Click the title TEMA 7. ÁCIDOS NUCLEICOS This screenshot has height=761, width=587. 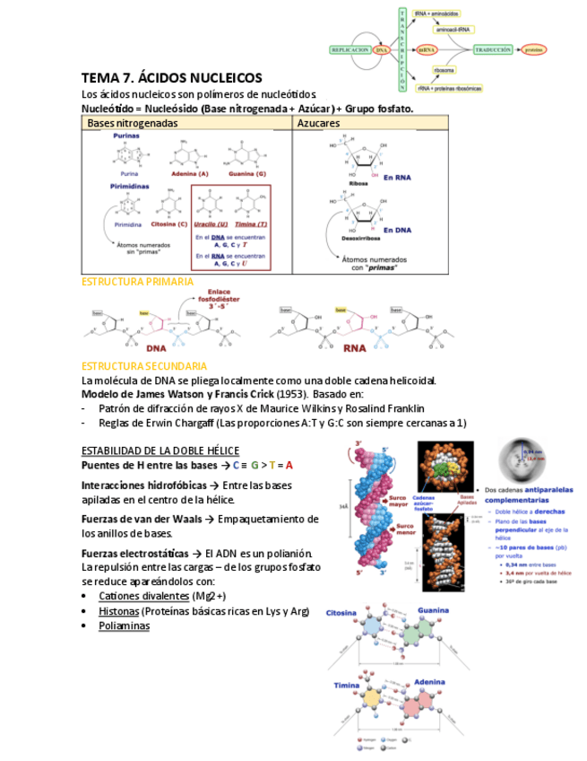(x=171, y=79)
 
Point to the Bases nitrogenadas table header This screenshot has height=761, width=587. (x=133, y=122)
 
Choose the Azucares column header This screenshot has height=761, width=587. (x=319, y=122)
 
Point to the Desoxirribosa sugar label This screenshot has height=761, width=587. (x=361, y=240)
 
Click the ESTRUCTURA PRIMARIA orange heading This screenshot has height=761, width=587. (x=137, y=282)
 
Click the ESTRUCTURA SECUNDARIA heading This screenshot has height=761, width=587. (x=144, y=366)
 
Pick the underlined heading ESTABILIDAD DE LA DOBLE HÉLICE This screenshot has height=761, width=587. (x=160, y=450)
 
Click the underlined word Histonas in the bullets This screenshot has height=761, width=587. (x=118, y=611)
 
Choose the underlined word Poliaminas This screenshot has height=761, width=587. (x=124, y=625)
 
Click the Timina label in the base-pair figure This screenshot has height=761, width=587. (x=347, y=686)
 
